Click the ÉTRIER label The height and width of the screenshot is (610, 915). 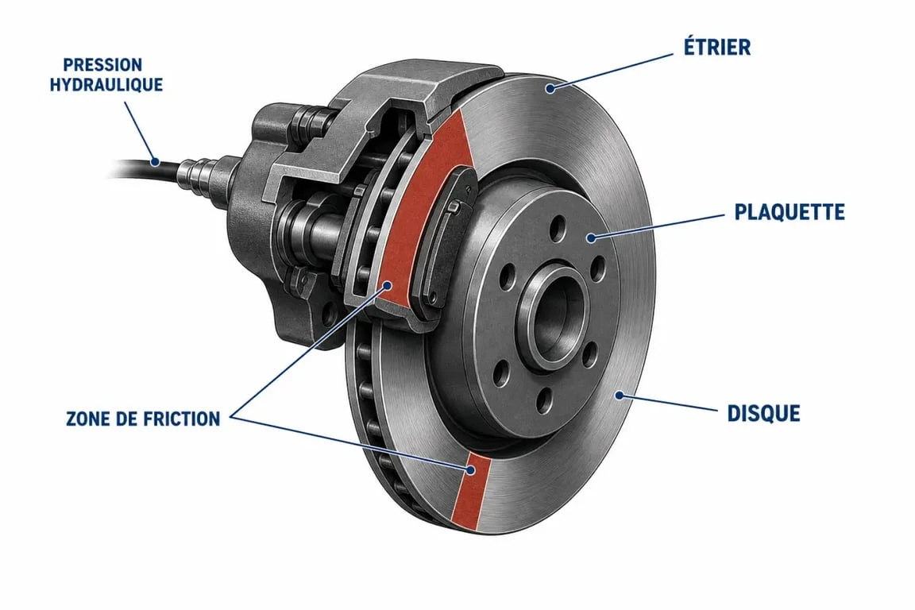pos(717,48)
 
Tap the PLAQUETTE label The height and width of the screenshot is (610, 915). pos(789,212)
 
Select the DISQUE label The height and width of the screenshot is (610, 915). pos(763,413)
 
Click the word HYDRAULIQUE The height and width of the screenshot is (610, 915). pos(106,85)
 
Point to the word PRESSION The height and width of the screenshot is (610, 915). pos(102,64)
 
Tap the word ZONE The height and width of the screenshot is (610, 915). pos(82,419)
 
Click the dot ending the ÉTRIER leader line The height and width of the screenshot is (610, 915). pos(550,89)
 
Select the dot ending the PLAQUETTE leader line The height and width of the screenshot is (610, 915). pos(591,237)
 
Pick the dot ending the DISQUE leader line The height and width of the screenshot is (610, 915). pos(620,396)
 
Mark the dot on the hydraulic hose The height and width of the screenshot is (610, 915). pos(155,162)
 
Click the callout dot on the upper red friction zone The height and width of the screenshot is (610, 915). pos(386,285)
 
